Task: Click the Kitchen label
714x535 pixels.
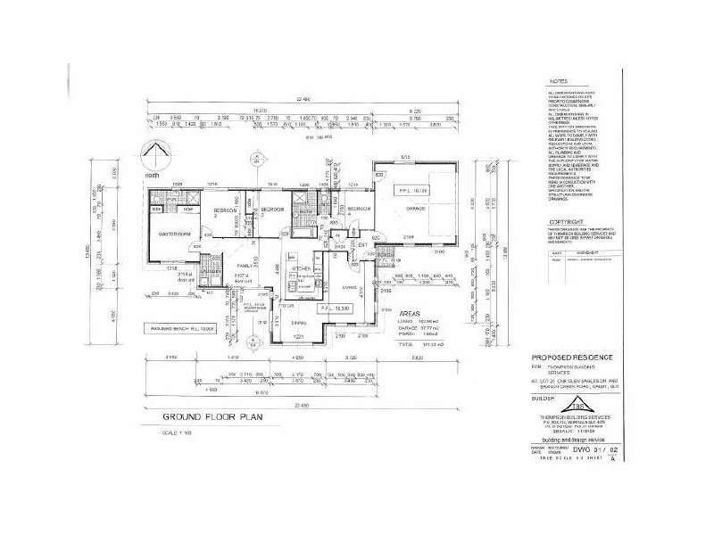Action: pos(299,267)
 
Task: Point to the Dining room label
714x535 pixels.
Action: pos(299,322)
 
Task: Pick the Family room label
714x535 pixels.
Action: pos(245,266)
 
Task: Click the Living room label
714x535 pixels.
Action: pos(350,288)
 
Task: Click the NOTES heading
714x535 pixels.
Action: pos(559,81)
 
